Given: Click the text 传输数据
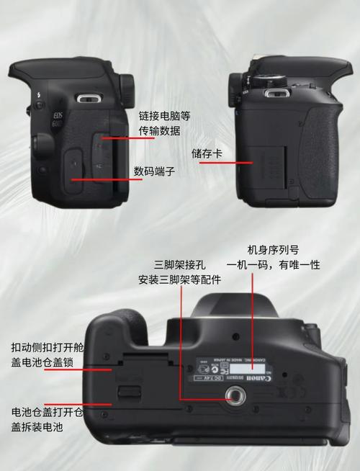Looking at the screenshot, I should (x=161, y=131).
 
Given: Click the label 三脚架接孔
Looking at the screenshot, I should (x=174, y=264).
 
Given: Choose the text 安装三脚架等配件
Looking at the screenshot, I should (x=180, y=280).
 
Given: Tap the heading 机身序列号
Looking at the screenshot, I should (x=273, y=249).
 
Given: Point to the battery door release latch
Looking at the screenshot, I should (x=129, y=392).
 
